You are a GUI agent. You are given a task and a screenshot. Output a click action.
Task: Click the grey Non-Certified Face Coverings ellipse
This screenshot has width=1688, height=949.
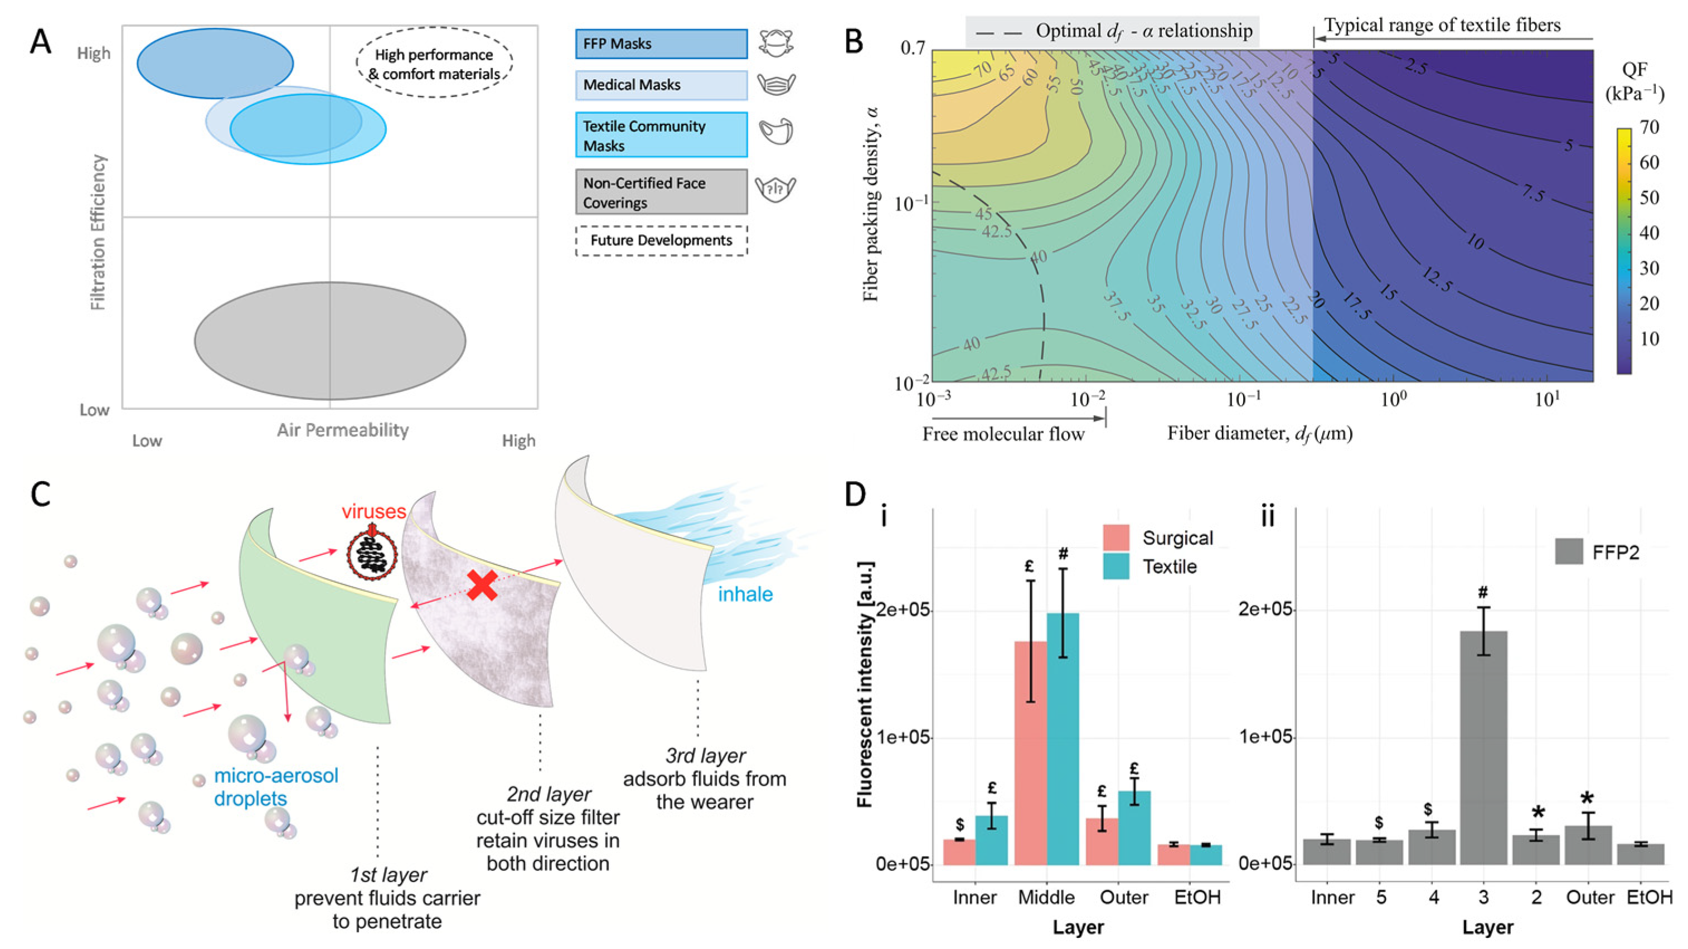click(x=329, y=341)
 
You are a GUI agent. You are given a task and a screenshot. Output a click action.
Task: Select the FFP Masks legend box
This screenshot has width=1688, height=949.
click(x=661, y=44)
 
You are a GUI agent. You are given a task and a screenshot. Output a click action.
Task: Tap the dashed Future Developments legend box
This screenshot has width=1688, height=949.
click(x=661, y=240)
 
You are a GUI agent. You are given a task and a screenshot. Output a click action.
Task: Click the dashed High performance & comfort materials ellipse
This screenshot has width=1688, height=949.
click(x=434, y=64)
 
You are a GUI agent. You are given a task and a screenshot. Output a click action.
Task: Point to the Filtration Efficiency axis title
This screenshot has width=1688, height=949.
click(x=98, y=232)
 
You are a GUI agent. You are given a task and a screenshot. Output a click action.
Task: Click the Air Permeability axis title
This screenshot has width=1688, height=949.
click(x=342, y=430)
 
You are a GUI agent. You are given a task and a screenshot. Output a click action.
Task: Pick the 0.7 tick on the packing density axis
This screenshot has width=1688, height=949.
click(x=912, y=49)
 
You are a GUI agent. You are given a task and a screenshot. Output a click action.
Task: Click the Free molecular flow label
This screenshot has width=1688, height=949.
click(x=1003, y=434)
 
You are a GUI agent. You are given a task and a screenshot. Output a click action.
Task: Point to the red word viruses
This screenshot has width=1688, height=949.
click(x=374, y=511)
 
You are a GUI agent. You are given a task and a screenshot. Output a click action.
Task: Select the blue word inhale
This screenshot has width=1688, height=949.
click(x=745, y=594)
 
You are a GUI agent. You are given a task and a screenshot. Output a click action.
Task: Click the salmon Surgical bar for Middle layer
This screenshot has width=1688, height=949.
click(x=1031, y=752)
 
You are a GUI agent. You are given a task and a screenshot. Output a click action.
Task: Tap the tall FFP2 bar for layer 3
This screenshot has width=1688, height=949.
click(x=1483, y=747)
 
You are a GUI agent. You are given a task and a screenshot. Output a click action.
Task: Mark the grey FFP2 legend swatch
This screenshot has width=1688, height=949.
click(x=1568, y=552)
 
